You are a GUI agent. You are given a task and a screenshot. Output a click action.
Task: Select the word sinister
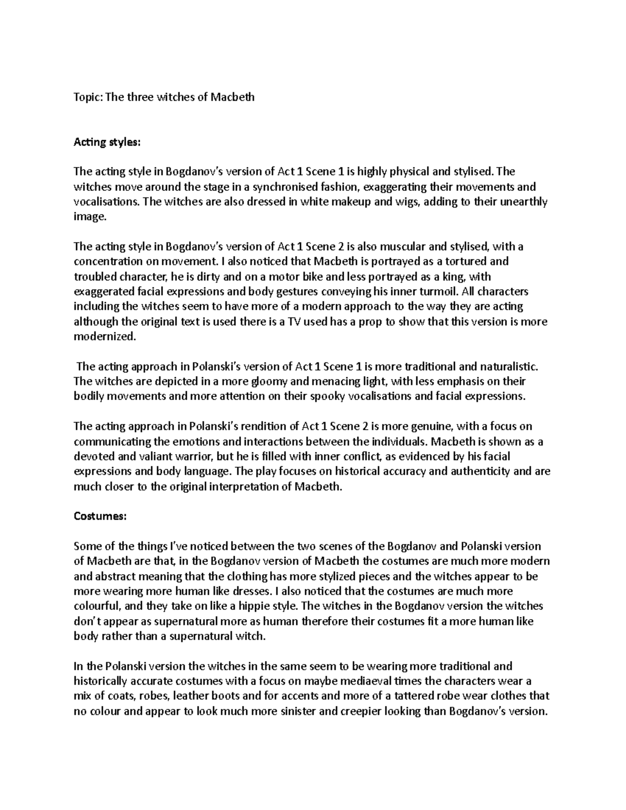[x=296, y=711]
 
